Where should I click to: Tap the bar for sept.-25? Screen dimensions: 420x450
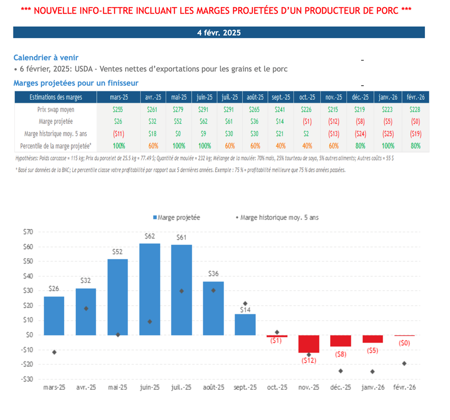click(x=245, y=324)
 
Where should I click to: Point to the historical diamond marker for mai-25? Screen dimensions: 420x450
click(x=118, y=335)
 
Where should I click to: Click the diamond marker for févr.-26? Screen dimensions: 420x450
click(x=404, y=363)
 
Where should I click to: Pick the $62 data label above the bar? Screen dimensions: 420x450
click(x=149, y=236)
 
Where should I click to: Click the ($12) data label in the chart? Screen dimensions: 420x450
click(x=309, y=360)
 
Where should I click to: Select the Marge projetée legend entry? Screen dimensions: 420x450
click(x=176, y=217)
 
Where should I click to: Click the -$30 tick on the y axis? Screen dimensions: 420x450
click(x=27, y=379)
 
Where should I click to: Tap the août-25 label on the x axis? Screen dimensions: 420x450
click(x=213, y=387)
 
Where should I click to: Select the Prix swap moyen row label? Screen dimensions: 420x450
click(x=56, y=109)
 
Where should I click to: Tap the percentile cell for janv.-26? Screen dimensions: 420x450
click(x=388, y=145)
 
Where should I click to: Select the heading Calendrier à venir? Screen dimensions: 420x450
click(x=46, y=58)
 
